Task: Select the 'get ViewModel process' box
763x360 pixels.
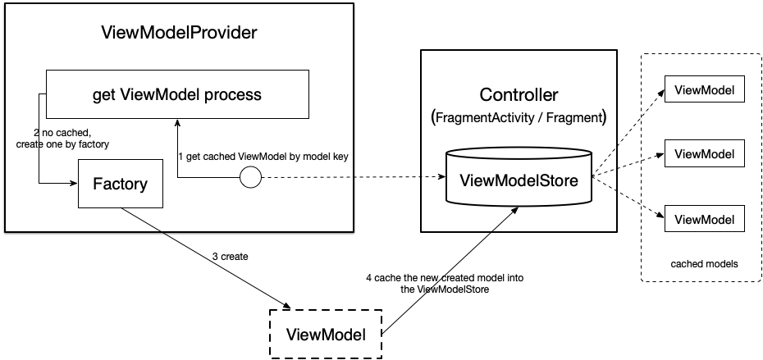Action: click(x=177, y=95)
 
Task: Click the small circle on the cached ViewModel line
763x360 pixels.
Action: click(x=249, y=176)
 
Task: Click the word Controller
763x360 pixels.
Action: click(x=519, y=93)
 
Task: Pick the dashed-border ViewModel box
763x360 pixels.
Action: click(x=326, y=334)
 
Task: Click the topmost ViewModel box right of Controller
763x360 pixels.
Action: click(x=703, y=89)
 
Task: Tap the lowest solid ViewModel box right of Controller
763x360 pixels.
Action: click(x=703, y=218)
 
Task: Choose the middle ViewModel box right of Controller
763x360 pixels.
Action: click(x=703, y=153)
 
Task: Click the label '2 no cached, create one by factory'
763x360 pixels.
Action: click(x=62, y=138)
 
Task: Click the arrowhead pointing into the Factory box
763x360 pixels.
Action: click(x=73, y=184)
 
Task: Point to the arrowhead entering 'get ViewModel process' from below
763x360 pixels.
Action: click(x=177, y=122)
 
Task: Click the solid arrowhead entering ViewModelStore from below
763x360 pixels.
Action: click(x=514, y=210)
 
